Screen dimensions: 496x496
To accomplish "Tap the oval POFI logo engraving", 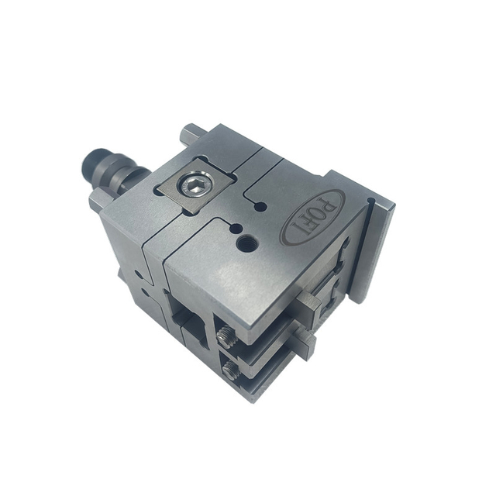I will (x=313, y=219).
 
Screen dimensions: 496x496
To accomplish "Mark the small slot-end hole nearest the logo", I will (x=261, y=207).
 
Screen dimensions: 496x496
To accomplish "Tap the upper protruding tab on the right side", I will (x=308, y=308).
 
